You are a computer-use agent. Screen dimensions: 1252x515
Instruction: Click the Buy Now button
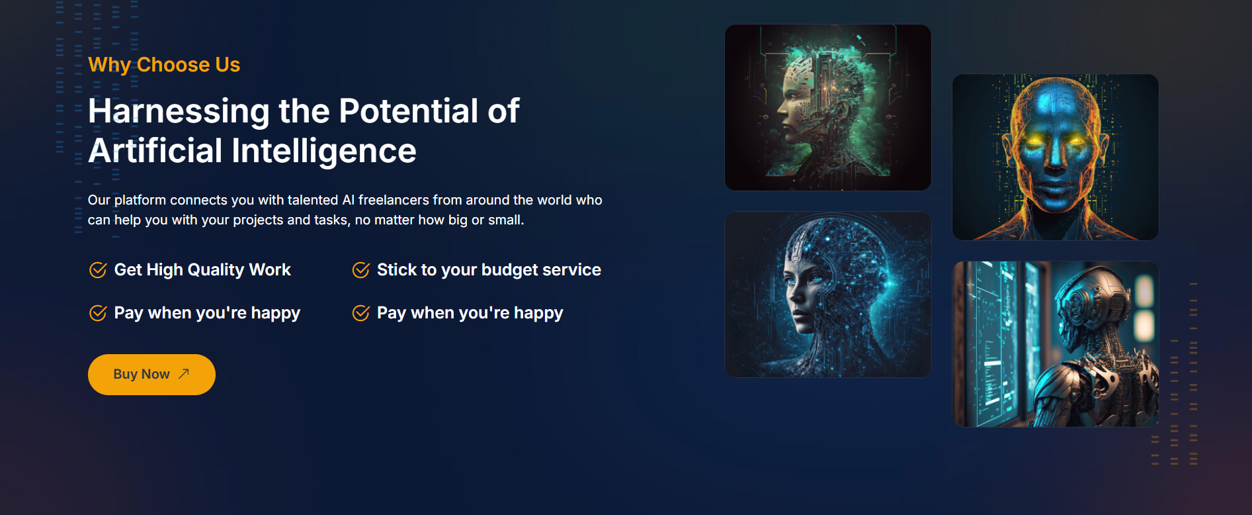(151, 375)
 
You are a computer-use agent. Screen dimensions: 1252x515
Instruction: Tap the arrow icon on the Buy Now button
(184, 373)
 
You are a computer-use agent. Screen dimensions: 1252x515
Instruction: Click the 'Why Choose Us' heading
(164, 65)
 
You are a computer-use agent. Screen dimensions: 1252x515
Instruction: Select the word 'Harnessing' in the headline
(179, 111)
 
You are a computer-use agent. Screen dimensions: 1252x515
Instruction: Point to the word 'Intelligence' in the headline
(324, 152)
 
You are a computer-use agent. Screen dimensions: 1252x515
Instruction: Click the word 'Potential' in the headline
(408, 111)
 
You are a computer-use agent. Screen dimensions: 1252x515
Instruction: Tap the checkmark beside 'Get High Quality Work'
(98, 270)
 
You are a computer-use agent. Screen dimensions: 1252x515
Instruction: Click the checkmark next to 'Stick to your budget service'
(361, 270)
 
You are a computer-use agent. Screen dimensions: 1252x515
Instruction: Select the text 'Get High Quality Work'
(202, 270)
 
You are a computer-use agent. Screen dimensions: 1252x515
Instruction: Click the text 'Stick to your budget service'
(489, 270)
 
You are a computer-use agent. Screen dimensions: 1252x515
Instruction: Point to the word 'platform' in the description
(140, 201)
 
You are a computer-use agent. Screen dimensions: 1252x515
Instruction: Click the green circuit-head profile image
(828, 108)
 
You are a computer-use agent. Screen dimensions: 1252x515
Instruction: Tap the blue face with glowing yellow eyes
(1056, 157)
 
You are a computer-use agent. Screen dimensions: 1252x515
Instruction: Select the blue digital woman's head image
(828, 295)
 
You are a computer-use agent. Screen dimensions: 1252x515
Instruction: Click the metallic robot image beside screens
(1056, 344)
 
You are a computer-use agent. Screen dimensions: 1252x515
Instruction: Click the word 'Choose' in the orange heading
(173, 65)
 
